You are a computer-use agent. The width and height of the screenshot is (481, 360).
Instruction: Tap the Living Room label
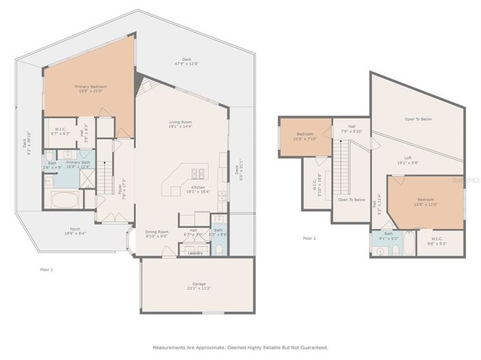181,123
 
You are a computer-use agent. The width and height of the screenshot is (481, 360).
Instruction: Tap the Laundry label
195,253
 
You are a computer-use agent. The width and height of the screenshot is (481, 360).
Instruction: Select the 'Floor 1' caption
46,270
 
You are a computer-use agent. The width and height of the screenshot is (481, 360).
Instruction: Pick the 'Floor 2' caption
309,238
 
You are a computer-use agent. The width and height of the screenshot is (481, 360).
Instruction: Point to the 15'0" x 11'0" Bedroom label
424,201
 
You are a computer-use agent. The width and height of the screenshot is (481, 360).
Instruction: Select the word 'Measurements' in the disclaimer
169,347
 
